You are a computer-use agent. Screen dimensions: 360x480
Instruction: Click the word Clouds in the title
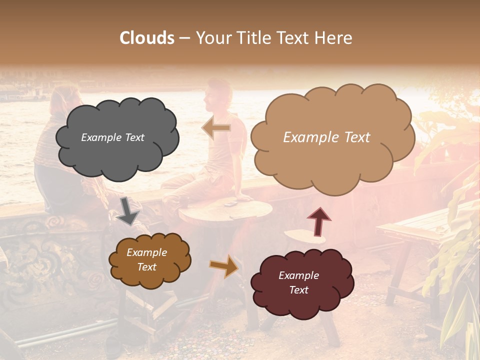[147, 38]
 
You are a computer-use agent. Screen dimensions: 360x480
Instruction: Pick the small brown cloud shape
[150, 260]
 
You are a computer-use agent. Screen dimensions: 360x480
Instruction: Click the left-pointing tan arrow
[216, 128]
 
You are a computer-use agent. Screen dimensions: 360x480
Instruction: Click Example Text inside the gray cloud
[112, 137]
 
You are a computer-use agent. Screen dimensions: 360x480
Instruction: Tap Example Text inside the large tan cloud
[326, 137]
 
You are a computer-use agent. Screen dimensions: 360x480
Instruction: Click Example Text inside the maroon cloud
[298, 282]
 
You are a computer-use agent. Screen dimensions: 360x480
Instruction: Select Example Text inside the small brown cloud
[146, 259]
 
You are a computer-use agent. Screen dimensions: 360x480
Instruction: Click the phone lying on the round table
[230, 203]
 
